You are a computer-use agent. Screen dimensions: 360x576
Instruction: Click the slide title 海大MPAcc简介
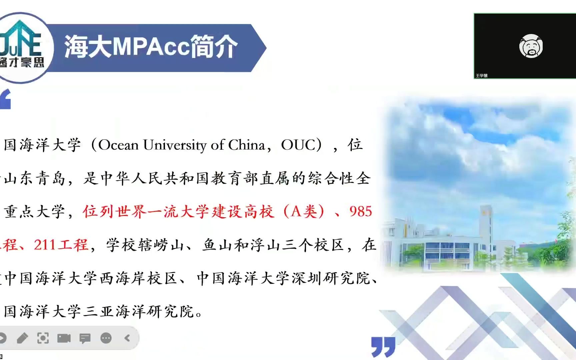(151, 47)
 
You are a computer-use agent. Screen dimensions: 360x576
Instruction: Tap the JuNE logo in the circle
(21, 43)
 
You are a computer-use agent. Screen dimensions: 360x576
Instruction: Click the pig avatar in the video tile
(531, 46)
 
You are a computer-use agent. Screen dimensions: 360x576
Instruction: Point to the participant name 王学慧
(481, 76)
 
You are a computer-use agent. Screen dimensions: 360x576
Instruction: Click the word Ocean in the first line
(118, 145)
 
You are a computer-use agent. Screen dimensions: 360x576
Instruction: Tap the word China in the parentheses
(247, 145)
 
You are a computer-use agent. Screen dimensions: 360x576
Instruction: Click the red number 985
(360, 212)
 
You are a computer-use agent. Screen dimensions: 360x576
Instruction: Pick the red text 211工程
(61, 245)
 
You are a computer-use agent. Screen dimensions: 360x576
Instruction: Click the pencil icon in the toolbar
(22, 338)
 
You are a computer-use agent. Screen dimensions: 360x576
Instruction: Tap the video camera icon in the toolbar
(64, 338)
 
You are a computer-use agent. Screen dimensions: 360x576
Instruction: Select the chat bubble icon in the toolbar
(85, 338)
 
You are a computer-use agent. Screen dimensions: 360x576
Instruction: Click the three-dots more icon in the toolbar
(106, 338)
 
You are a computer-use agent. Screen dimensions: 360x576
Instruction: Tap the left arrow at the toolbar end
(127, 338)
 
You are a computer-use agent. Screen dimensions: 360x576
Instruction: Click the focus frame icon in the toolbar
(43, 338)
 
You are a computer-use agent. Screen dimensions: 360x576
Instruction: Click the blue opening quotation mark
(5, 99)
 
